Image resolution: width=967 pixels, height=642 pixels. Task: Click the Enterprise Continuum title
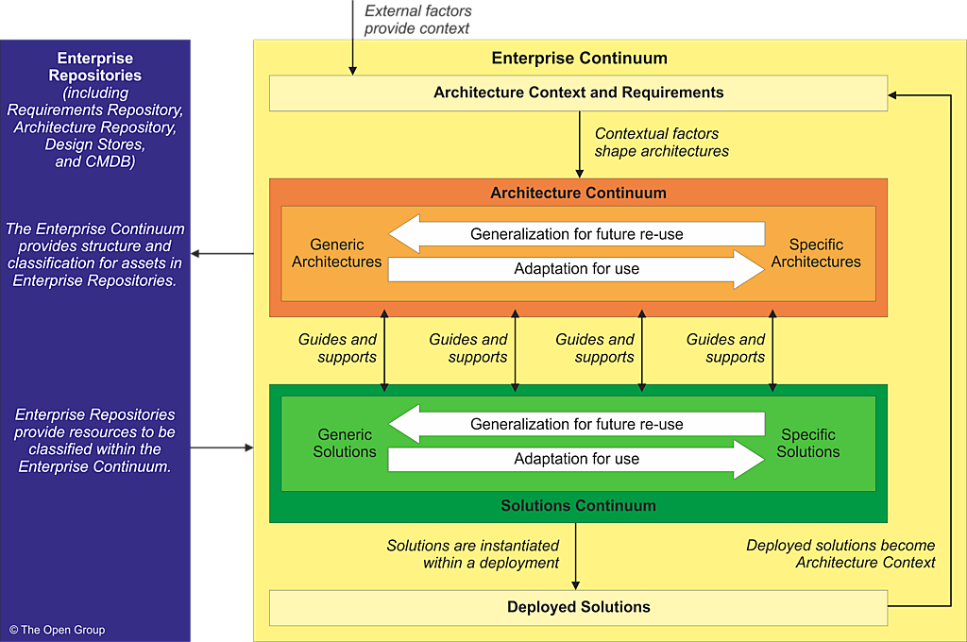[x=579, y=59]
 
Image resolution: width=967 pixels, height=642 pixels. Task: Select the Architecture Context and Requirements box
[x=578, y=93]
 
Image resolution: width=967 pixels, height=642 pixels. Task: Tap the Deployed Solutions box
[x=578, y=607]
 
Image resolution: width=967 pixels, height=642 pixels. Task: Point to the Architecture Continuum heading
[x=578, y=193]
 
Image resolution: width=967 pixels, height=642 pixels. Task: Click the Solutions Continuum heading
[x=578, y=506]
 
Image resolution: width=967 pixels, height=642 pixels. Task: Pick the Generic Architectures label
[x=336, y=253]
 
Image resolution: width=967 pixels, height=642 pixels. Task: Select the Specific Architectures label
[x=816, y=253]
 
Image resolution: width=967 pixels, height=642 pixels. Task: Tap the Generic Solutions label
[x=345, y=444]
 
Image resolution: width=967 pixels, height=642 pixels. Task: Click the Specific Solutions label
[x=807, y=444]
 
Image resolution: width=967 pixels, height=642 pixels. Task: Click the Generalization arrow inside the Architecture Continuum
[x=577, y=234]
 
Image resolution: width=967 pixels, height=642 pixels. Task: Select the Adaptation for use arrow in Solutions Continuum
[x=577, y=460]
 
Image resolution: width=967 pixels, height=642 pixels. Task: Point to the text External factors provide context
[x=417, y=20]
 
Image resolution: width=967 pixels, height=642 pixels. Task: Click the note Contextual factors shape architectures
[x=661, y=143]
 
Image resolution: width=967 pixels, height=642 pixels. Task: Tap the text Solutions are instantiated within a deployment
[x=472, y=554]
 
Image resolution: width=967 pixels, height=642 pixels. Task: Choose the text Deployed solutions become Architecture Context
[x=840, y=554]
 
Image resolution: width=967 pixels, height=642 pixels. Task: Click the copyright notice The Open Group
[x=58, y=630]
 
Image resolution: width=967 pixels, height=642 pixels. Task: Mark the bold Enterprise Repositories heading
[x=94, y=67]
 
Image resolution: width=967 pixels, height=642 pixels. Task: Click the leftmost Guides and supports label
[x=337, y=348]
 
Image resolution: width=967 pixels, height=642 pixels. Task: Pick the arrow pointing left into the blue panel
[x=223, y=253]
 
